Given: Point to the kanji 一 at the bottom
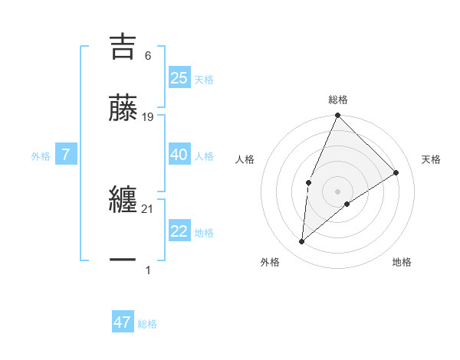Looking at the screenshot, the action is tap(123, 260).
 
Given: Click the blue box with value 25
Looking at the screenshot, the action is tap(179, 78).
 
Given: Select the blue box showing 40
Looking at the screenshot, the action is tap(179, 155).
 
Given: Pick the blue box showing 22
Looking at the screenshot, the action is tap(179, 231).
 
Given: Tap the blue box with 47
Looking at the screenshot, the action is tap(123, 322).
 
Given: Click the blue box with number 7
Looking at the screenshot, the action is tap(66, 155).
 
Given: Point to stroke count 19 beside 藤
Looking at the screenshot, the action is tap(148, 117).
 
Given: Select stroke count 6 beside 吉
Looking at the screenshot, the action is tap(147, 56).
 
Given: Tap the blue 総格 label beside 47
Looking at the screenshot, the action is tap(147, 324).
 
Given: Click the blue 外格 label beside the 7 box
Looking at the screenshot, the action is tap(41, 156).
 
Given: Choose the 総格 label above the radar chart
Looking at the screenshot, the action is tap(338, 100).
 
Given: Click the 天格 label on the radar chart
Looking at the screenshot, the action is tap(431, 159).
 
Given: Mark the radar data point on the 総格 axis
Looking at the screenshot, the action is tap(337, 116).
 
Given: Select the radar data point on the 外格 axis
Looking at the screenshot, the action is tap(302, 242).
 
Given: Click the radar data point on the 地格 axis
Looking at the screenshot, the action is tap(347, 204).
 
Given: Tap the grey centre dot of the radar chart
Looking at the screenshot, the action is tap(337, 191).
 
